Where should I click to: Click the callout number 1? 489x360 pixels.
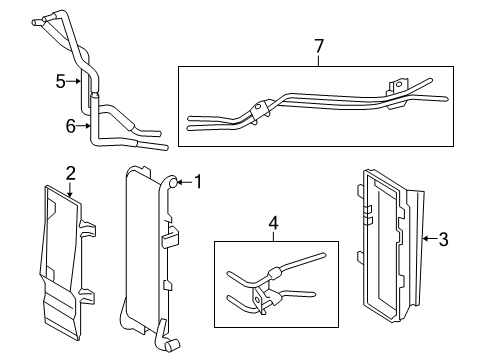pos(198,182)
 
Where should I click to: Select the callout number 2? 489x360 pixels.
pos(70,173)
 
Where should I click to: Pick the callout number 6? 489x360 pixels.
pos(70,126)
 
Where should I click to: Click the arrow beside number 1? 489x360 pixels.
pos(183,182)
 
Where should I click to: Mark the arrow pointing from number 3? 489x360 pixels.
pos(427,238)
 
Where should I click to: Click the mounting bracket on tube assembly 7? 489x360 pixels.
pos(398,90)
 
